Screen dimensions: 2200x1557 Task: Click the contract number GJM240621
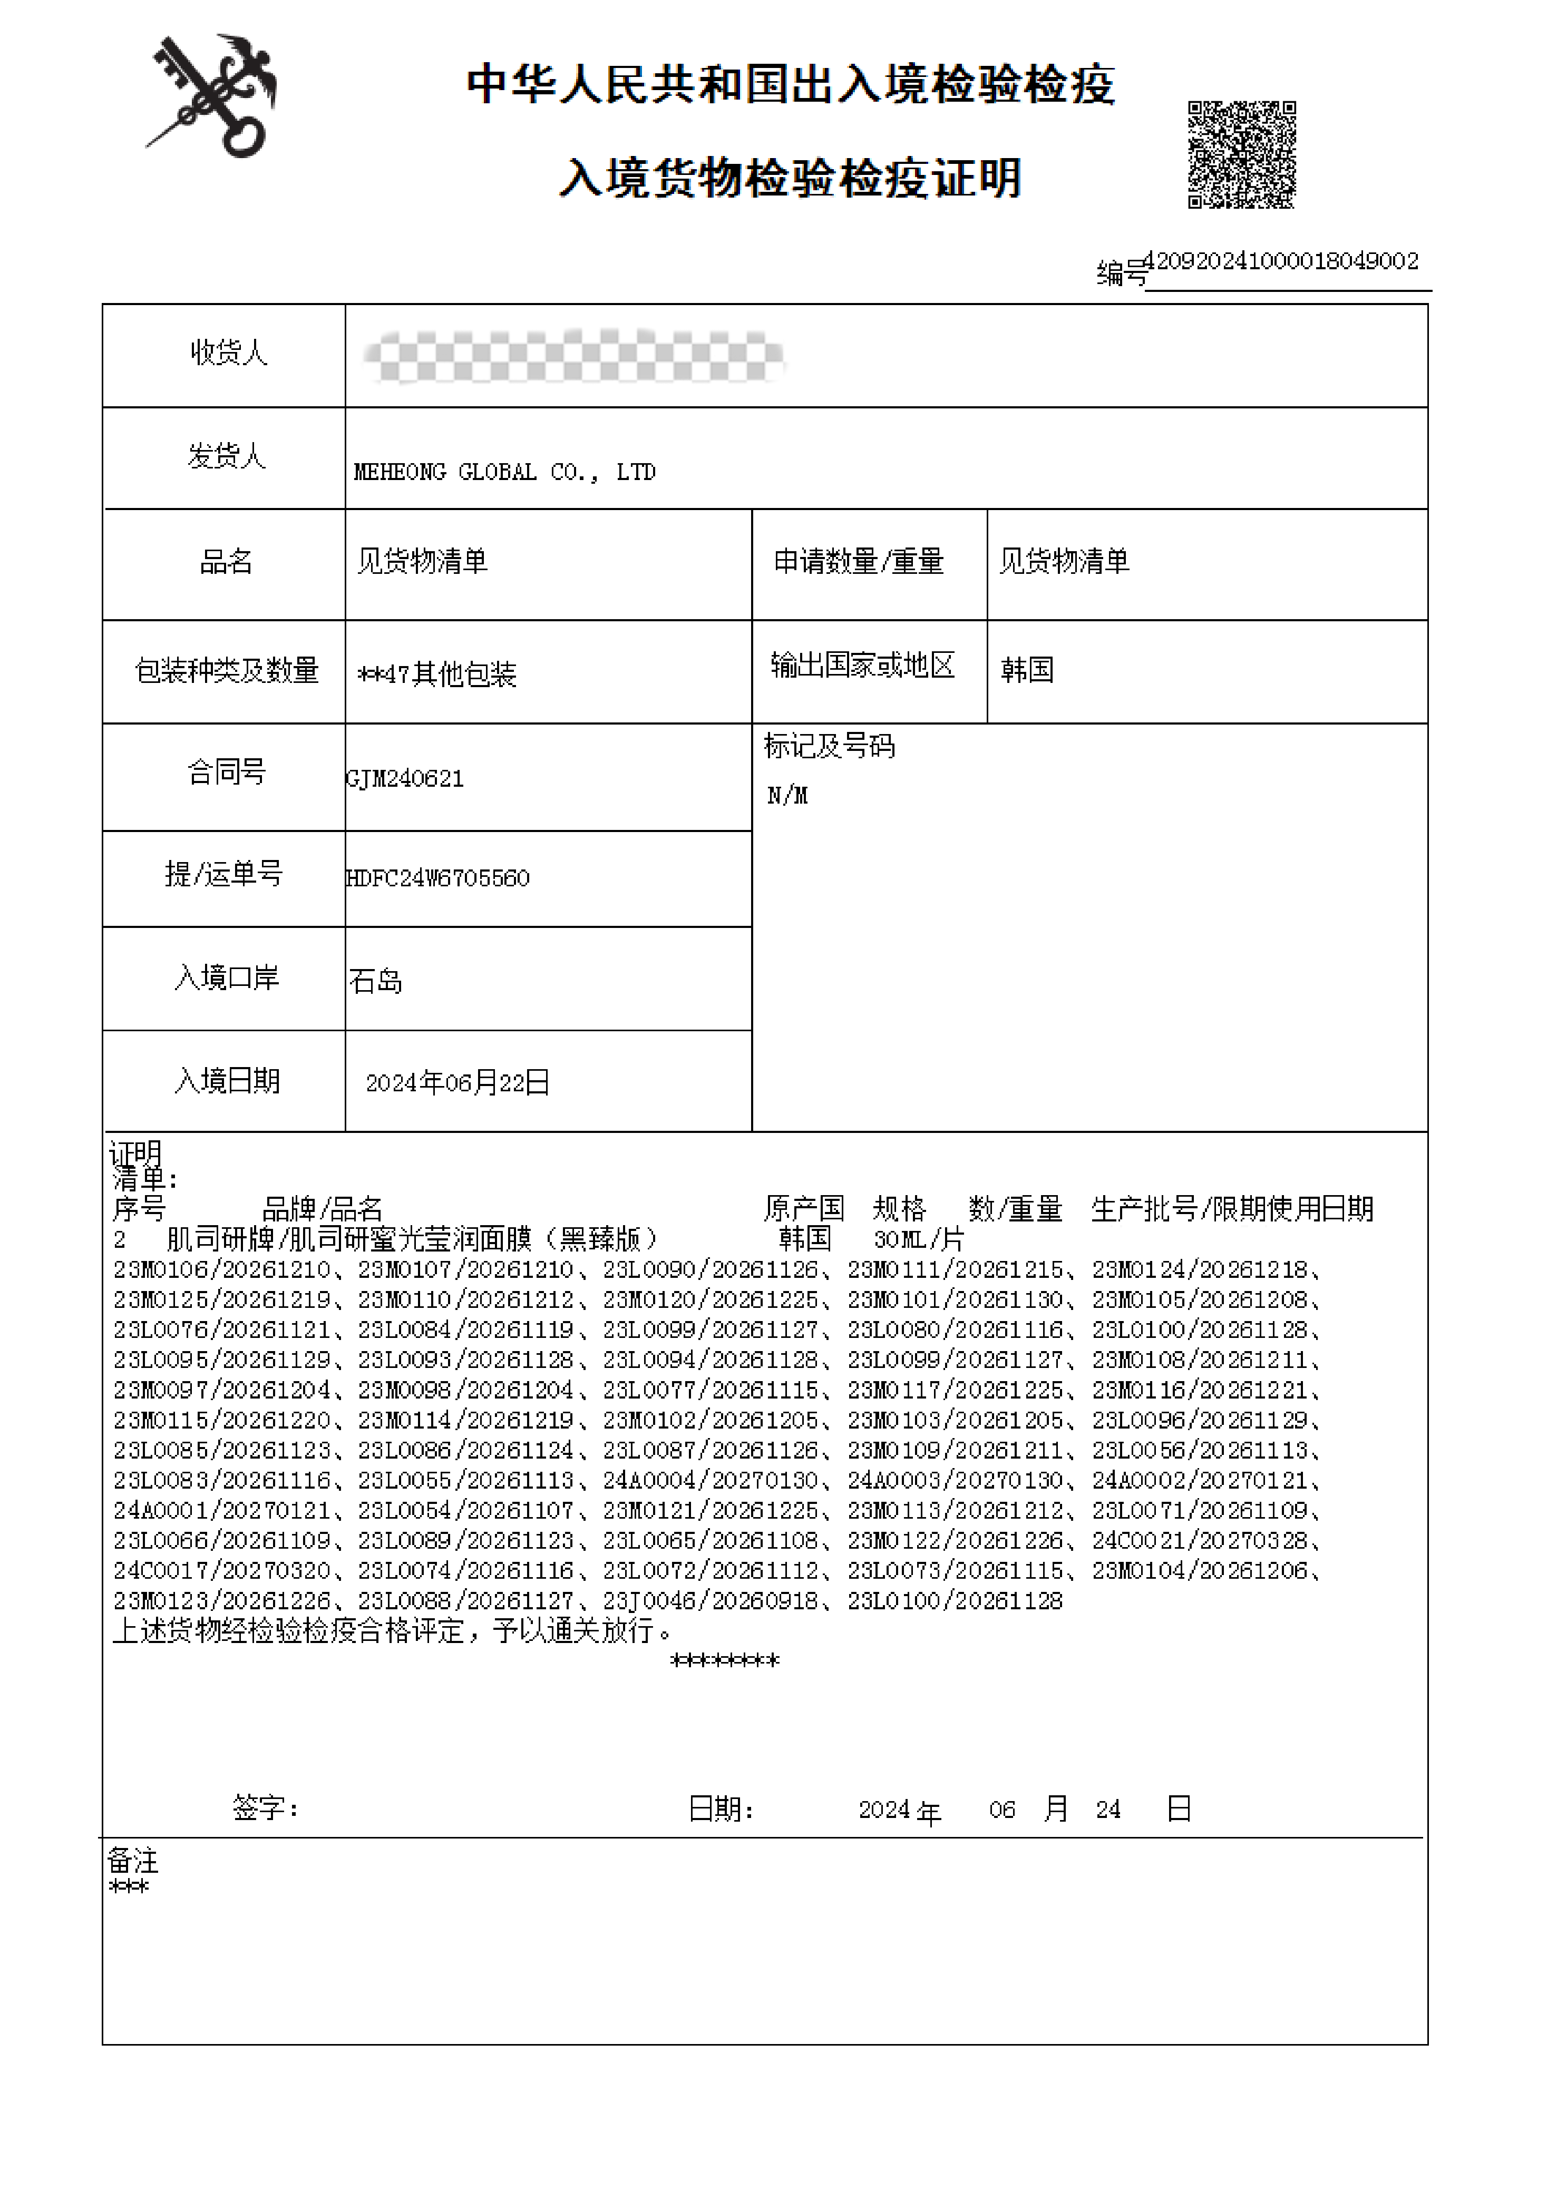click(x=405, y=778)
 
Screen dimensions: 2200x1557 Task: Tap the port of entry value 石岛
click(x=376, y=981)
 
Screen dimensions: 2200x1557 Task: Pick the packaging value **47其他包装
click(x=437, y=674)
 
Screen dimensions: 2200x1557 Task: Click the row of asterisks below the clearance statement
click(x=725, y=1661)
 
